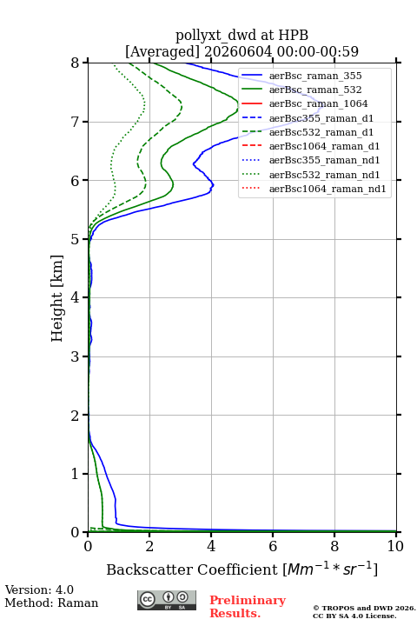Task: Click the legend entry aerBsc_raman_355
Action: click(x=315, y=76)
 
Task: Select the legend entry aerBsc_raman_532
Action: click(x=315, y=90)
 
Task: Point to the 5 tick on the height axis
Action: click(x=85, y=239)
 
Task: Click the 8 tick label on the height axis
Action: click(x=76, y=63)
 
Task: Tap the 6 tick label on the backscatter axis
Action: click(x=273, y=546)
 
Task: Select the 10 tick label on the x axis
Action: click(x=395, y=546)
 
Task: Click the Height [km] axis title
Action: click(x=57, y=298)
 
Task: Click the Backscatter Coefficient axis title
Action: click(x=242, y=569)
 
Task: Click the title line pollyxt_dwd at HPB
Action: click(x=242, y=35)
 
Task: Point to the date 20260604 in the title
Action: click(x=238, y=51)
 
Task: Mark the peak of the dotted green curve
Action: click(x=144, y=104)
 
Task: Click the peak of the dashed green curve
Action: click(x=182, y=106)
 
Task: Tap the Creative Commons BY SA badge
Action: click(x=167, y=600)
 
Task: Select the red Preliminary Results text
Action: click(x=248, y=607)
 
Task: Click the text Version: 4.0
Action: click(x=39, y=589)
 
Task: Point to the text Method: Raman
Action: click(x=51, y=603)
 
